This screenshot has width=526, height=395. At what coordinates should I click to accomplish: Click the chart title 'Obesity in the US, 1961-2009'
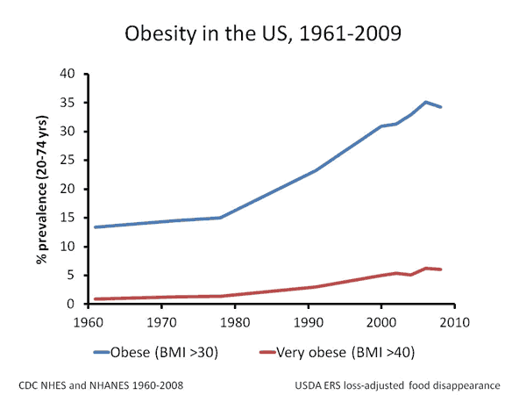click(x=263, y=35)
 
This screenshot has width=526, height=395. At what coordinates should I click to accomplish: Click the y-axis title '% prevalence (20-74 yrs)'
click(x=39, y=189)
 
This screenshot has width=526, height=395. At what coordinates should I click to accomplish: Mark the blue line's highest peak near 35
click(x=426, y=102)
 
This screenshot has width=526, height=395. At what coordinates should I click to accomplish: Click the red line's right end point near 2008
click(x=440, y=269)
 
